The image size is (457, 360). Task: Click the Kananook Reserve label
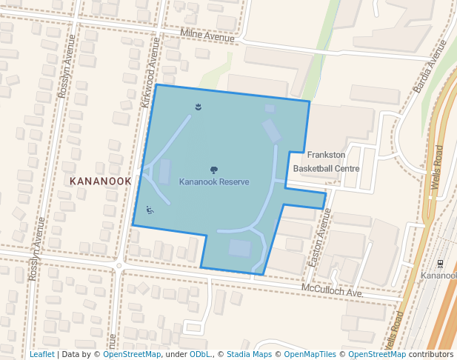tap(214, 182)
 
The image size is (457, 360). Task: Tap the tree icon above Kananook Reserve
tap(214, 170)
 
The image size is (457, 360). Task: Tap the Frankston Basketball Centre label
tap(326, 161)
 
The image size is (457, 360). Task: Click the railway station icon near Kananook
tap(441, 263)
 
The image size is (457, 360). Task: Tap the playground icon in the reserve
tap(150, 210)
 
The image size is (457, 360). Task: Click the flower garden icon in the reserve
tap(198, 108)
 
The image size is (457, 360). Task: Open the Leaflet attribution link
tap(41, 354)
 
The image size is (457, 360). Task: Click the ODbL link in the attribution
tap(201, 354)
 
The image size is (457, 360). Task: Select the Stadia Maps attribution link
tap(249, 354)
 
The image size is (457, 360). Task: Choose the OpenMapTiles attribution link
tap(310, 354)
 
